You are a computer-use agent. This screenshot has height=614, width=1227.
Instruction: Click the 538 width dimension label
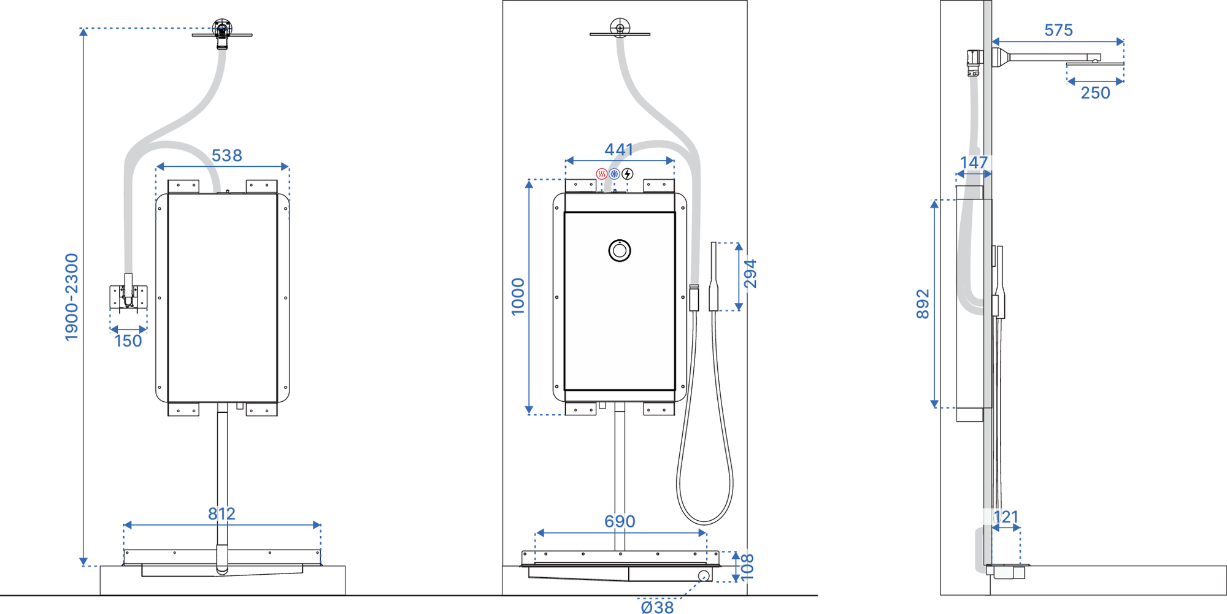tap(227, 156)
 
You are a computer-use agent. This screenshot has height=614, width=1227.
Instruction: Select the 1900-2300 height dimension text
tap(72, 297)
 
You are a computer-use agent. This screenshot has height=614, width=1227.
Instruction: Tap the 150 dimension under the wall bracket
tap(128, 341)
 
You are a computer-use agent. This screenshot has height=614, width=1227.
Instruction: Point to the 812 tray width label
tap(221, 514)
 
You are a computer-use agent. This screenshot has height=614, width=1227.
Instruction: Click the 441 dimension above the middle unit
tap(619, 150)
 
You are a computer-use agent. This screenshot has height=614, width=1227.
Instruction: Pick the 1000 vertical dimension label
tap(518, 297)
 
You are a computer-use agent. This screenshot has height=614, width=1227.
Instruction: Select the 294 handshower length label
tap(750, 274)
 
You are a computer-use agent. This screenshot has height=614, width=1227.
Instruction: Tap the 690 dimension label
tap(620, 521)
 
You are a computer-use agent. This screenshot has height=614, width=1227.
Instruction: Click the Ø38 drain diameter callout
tap(657, 607)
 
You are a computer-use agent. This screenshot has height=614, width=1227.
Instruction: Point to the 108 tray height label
tap(747, 567)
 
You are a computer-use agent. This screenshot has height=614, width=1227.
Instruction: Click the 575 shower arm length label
tap(1058, 30)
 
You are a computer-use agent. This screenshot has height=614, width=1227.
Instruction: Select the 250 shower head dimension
tap(1095, 93)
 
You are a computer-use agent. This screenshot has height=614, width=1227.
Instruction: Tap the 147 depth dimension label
tap(974, 163)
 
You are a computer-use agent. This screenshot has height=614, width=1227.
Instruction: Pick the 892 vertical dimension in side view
tap(923, 304)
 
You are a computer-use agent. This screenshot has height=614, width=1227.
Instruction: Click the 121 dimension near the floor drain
tap(1006, 517)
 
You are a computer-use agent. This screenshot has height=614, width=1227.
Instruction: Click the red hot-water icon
tap(602, 174)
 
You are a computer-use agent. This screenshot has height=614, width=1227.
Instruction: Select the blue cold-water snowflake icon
tap(614, 174)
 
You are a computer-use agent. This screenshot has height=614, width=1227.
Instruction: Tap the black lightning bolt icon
tap(627, 174)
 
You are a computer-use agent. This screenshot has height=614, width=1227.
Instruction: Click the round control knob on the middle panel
tap(620, 251)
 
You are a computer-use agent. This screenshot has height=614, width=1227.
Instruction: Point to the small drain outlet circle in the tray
tap(703, 575)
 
